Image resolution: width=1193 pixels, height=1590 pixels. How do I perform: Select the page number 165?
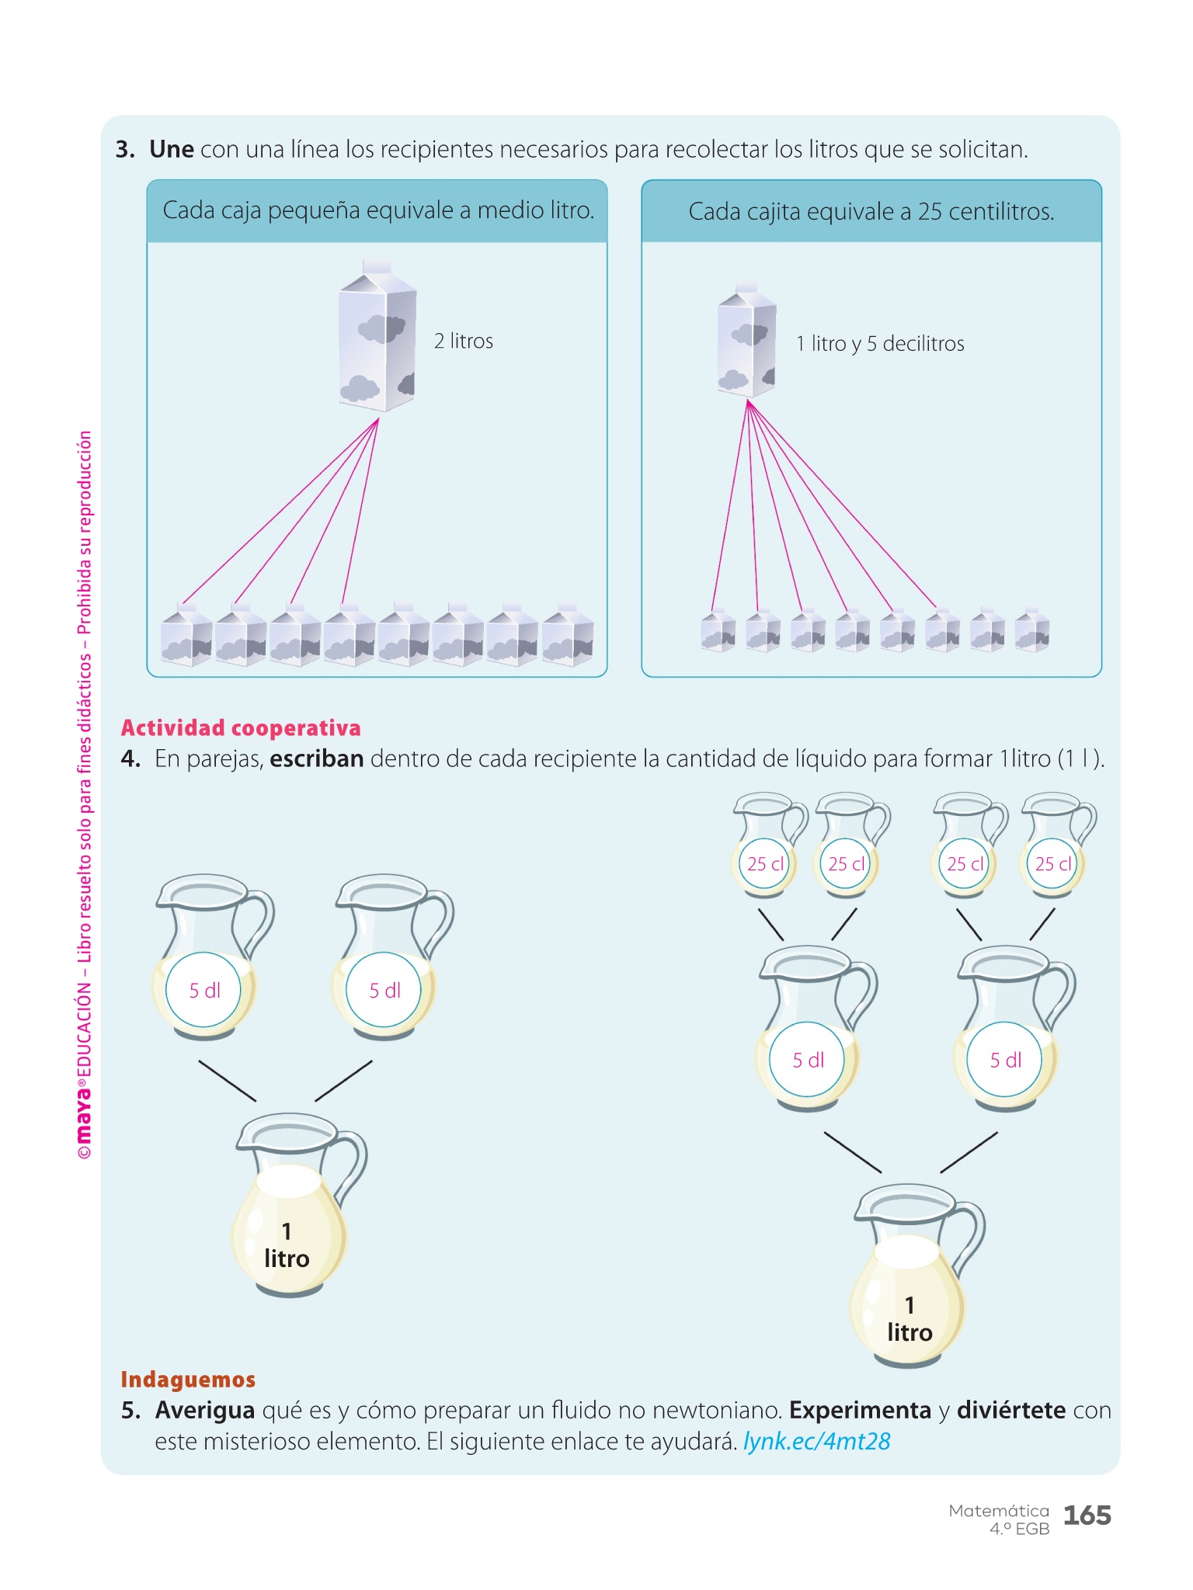pyautogui.click(x=1087, y=1515)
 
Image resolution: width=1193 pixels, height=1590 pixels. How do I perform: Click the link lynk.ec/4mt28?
pyautogui.click(x=816, y=1442)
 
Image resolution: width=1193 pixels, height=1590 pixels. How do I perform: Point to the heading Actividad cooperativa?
pyautogui.click(x=241, y=728)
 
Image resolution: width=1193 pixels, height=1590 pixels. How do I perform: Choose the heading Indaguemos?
pyautogui.click(x=188, y=1380)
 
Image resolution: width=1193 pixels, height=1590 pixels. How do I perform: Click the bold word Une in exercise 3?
pyautogui.click(x=171, y=149)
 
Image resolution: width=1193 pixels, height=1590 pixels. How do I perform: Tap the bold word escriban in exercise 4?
pyautogui.click(x=317, y=759)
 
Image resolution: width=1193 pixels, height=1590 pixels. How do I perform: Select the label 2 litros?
pyautogui.click(x=464, y=342)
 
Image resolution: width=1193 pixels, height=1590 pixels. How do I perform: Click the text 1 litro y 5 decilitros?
pyautogui.click(x=880, y=344)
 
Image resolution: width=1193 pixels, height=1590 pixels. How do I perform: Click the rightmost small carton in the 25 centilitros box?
pyautogui.click(x=1032, y=630)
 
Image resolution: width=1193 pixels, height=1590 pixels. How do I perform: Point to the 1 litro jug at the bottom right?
pyautogui.click(x=911, y=1281)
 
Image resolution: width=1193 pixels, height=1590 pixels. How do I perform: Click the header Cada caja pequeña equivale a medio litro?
pyautogui.click(x=378, y=210)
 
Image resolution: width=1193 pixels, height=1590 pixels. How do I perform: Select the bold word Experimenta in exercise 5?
pyautogui.click(x=860, y=1411)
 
